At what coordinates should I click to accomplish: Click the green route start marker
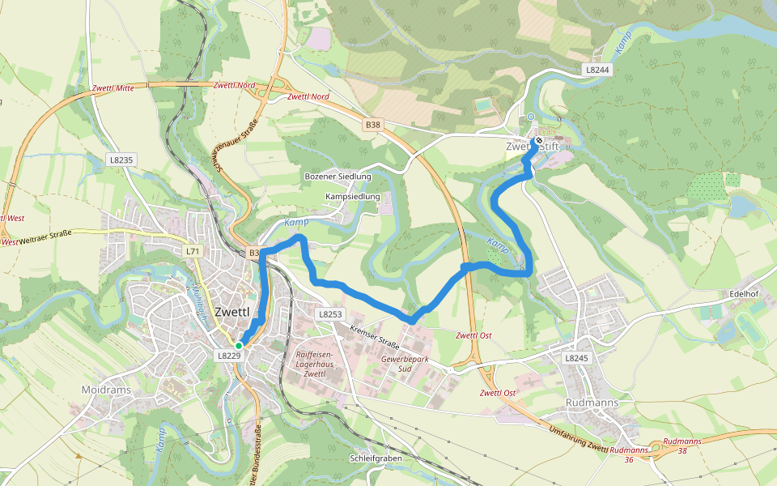click(x=240, y=345)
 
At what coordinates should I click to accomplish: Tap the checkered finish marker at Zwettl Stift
click(x=538, y=140)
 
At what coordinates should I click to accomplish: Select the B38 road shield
click(x=372, y=125)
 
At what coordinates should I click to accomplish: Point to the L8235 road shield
click(x=121, y=160)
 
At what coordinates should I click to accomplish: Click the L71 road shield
click(x=192, y=252)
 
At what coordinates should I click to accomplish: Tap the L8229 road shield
click(x=228, y=356)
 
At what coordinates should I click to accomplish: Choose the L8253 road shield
click(x=331, y=313)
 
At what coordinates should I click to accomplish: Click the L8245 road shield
click(x=575, y=357)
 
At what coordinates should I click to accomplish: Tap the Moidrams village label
click(x=106, y=390)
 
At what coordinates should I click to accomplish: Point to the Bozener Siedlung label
click(x=338, y=176)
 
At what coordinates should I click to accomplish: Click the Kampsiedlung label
click(x=352, y=197)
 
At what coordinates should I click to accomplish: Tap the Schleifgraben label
click(x=376, y=458)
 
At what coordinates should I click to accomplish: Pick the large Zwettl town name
click(x=238, y=312)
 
